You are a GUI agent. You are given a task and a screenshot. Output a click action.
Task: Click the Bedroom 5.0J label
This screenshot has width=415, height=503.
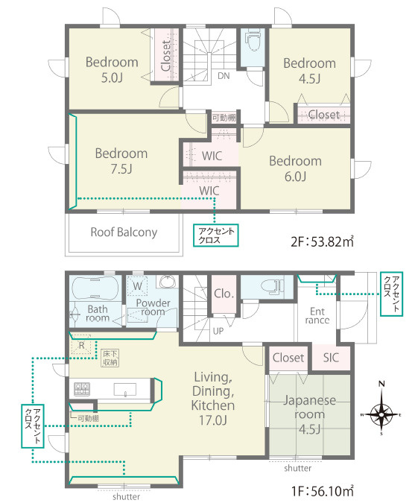click(112, 69)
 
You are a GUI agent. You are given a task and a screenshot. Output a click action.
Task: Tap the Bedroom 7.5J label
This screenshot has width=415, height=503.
click(121, 161)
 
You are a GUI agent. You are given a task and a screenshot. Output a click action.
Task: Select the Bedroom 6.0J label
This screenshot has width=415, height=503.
click(295, 168)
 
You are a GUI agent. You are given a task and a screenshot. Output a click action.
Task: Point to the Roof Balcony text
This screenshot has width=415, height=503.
click(124, 232)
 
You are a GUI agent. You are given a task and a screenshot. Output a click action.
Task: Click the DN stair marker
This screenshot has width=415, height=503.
click(224, 76)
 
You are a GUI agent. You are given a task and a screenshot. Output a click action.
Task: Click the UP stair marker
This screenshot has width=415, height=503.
click(218, 331)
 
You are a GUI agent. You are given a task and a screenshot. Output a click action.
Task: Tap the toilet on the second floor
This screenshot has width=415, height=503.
click(253, 40)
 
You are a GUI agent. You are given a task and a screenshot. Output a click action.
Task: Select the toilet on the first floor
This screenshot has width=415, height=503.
click(272, 285)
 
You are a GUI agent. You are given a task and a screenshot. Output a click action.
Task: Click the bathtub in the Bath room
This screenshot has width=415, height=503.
click(95, 288)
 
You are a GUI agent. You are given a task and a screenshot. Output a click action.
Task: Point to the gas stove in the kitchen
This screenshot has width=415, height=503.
click(82, 390)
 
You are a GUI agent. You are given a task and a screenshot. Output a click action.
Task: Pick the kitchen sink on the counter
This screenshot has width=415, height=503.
click(124, 390)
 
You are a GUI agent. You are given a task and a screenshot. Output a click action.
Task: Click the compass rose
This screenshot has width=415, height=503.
click(381, 414)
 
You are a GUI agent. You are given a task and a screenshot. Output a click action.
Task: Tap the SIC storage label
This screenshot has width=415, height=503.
click(331, 358)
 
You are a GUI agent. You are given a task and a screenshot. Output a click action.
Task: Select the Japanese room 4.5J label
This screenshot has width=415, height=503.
click(309, 414)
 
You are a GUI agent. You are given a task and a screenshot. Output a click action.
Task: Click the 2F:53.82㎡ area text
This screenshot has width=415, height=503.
click(322, 241)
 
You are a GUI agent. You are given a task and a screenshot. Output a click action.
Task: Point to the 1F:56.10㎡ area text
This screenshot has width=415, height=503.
click(323, 491)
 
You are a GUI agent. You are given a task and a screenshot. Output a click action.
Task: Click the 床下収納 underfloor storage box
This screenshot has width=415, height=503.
click(110, 358)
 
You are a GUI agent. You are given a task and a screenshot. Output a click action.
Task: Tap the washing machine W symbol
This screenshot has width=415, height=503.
click(138, 286)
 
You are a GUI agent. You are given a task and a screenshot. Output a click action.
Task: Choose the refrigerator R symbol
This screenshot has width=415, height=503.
click(81, 346)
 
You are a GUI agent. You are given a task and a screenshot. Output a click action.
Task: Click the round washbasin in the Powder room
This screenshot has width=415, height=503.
click(167, 282)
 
